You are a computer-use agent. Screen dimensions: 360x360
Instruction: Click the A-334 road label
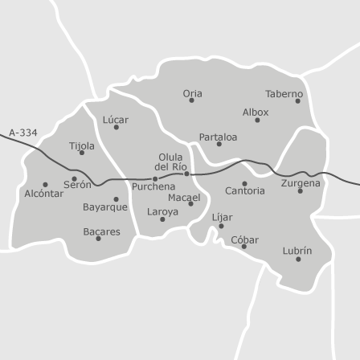click(x=23, y=133)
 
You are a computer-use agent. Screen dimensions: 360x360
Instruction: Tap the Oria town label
click(x=192, y=93)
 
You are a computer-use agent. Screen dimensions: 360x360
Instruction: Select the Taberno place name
click(x=284, y=93)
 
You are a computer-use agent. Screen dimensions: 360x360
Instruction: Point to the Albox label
click(x=256, y=112)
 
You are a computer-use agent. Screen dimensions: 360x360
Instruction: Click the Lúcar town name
click(x=115, y=119)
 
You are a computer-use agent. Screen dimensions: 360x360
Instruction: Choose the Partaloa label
click(x=218, y=137)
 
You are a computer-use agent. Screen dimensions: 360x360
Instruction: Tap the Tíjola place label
click(x=81, y=145)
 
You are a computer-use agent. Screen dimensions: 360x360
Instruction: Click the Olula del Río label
click(x=171, y=162)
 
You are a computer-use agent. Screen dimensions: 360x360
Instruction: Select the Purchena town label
click(x=153, y=186)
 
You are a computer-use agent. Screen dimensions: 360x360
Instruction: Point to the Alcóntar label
click(x=43, y=194)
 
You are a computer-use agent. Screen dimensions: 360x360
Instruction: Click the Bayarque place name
click(x=104, y=207)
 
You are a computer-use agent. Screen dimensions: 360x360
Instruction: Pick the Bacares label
click(x=101, y=231)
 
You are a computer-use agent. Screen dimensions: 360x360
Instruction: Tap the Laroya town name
click(x=162, y=212)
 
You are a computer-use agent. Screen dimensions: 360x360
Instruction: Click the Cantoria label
click(x=244, y=191)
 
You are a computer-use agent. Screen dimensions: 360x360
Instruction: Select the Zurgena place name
click(x=301, y=182)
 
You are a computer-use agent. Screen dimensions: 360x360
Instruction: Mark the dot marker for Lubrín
click(x=298, y=259)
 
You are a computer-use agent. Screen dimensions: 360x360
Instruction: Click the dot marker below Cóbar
click(x=244, y=247)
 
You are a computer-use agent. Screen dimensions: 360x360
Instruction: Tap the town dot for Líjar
click(x=221, y=226)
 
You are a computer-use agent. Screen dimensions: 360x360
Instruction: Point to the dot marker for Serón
click(x=75, y=178)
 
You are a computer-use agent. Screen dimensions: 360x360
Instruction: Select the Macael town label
click(x=184, y=197)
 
